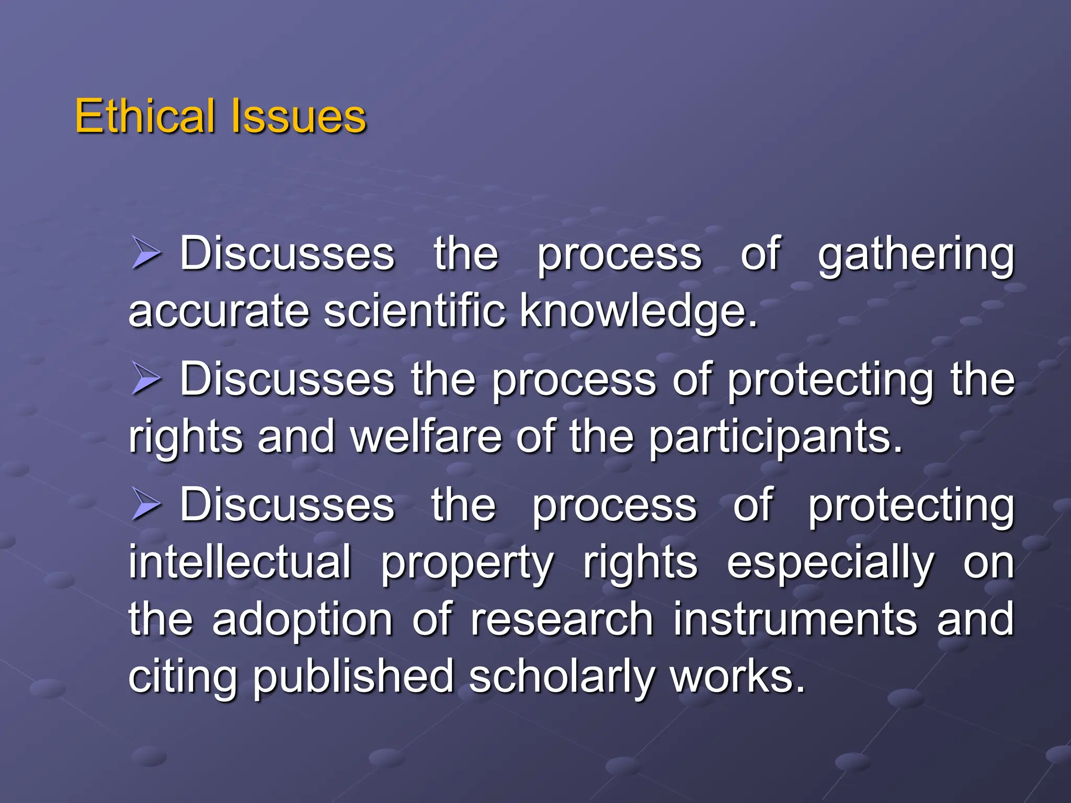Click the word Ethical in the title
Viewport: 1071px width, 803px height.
[145, 116]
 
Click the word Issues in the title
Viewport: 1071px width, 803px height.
[298, 116]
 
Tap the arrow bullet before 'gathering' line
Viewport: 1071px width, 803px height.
[145, 253]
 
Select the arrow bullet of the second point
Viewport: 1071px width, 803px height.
[145, 379]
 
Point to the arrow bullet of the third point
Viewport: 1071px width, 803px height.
[145, 504]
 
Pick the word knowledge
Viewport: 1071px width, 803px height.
[638, 312]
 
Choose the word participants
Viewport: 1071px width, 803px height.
[776, 438]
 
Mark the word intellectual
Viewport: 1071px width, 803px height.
[240, 562]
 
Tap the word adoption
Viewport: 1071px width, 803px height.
[302, 621]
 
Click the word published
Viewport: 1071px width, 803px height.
[354, 678]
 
